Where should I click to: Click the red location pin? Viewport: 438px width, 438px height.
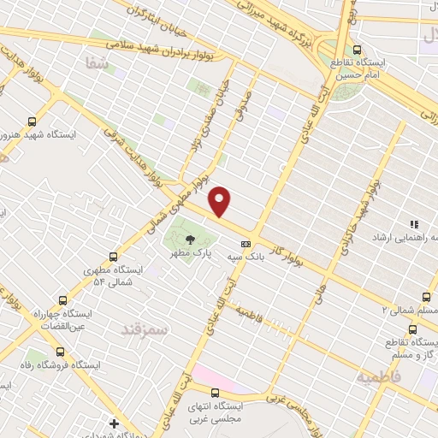click(221, 201)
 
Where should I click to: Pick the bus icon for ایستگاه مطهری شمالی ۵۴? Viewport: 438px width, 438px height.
click(114, 256)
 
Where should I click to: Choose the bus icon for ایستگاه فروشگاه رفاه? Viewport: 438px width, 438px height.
click(58, 351)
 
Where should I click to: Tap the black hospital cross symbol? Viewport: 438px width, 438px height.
click(114, 423)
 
